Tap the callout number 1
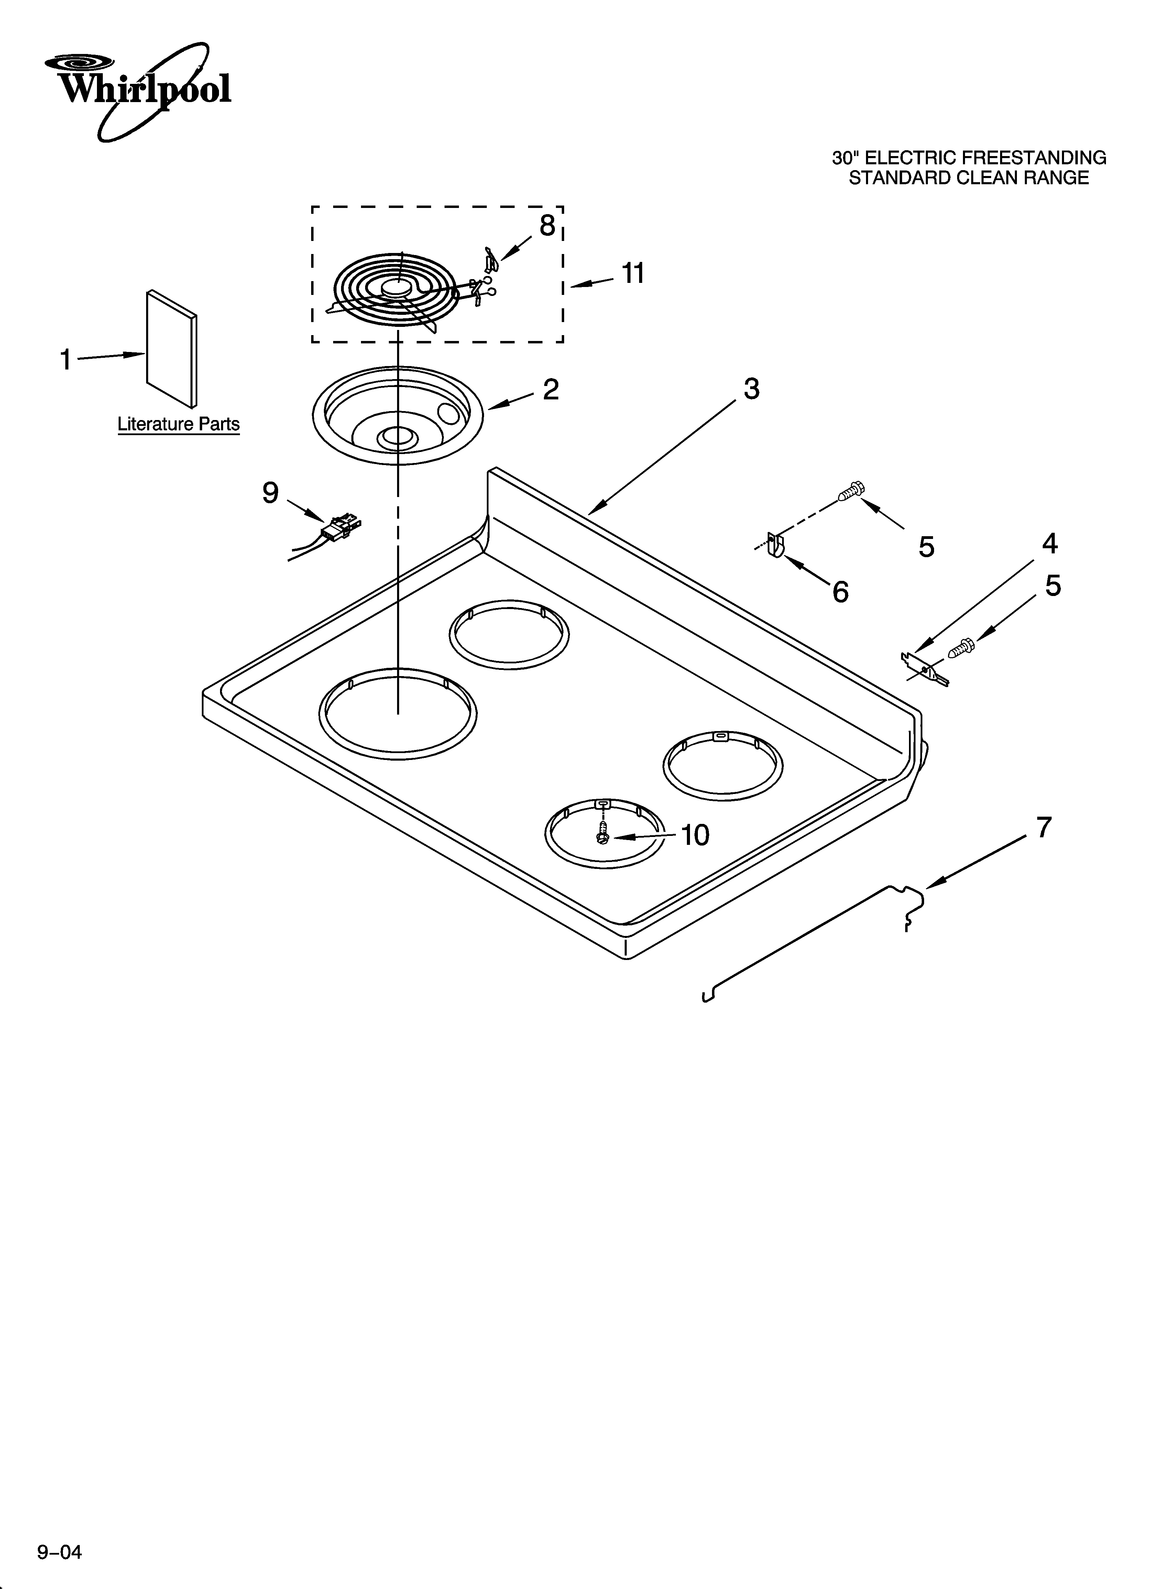[x=66, y=360]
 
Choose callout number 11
[x=633, y=273]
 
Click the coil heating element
[x=396, y=291]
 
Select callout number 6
[x=841, y=592]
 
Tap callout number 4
[x=1049, y=544]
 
